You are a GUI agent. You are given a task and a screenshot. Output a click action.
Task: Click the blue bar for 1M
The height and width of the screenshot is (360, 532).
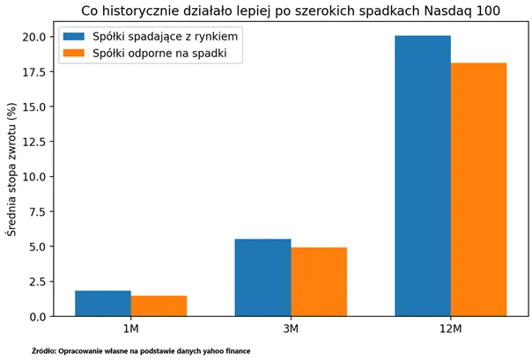[103, 304]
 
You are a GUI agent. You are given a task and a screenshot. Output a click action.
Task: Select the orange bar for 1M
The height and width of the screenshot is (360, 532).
[159, 305]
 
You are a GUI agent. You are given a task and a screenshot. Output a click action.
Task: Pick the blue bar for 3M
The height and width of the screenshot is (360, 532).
[263, 277]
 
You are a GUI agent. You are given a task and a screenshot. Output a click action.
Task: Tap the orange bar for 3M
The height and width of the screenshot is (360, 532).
[319, 282]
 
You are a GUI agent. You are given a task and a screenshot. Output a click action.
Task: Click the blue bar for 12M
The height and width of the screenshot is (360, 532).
[423, 176]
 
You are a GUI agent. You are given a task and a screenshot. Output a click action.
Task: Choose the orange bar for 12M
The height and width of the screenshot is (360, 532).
[479, 189]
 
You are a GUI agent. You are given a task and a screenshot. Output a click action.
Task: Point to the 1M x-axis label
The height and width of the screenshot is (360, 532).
[131, 328]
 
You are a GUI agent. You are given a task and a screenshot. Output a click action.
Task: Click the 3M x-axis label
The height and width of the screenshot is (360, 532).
[291, 328]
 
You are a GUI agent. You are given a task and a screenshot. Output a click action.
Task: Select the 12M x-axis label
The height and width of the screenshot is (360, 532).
[451, 328]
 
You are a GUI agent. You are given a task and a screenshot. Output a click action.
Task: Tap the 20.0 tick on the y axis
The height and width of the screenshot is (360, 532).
[34, 37]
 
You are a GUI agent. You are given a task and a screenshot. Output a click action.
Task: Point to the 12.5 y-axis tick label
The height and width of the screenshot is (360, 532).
[34, 142]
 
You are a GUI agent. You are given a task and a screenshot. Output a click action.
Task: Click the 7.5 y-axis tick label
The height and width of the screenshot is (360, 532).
[37, 212]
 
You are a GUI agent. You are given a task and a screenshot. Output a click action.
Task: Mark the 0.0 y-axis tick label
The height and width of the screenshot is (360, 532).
[37, 317]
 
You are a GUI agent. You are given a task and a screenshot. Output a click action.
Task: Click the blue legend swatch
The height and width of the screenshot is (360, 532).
[74, 37]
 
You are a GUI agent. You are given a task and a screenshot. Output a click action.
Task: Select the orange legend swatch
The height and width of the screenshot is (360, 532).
[74, 53]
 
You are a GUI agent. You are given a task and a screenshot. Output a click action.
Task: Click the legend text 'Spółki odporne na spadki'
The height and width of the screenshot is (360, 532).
[159, 53]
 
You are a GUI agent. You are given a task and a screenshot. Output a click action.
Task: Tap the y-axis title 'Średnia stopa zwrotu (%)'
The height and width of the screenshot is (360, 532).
[11, 170]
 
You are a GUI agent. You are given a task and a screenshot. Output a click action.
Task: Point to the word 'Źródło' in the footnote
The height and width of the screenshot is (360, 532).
[42, 351]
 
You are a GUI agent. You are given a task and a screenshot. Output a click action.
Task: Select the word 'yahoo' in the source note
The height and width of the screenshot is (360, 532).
[212, 351]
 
